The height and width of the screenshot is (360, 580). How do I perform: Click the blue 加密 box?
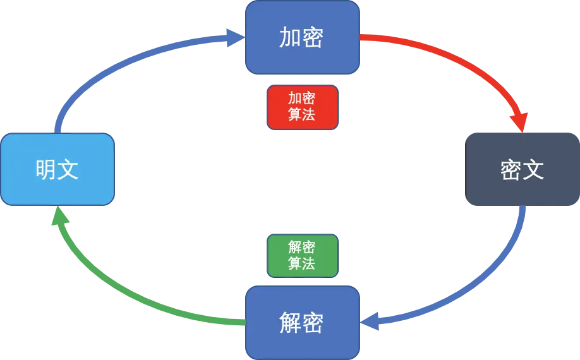[x=303, y=37]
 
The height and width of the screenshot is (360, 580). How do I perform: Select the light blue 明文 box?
[x=57, y=169]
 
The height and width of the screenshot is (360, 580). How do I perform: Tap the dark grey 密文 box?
[x=522, y=170]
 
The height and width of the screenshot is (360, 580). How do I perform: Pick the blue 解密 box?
[x=303, y=322]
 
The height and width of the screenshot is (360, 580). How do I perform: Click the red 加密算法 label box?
[x=302, y=107]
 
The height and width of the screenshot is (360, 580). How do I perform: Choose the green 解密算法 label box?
[x=302, y=255]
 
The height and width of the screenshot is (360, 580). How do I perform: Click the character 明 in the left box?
[x=46, y=170]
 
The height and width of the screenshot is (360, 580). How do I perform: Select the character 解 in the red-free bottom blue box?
[x=290, y=323]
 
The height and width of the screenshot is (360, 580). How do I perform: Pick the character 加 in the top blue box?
[x=290, y=38]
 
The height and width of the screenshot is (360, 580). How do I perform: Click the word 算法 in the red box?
[x=302, y=115]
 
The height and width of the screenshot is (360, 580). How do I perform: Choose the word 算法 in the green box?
[x=302, y=263]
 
